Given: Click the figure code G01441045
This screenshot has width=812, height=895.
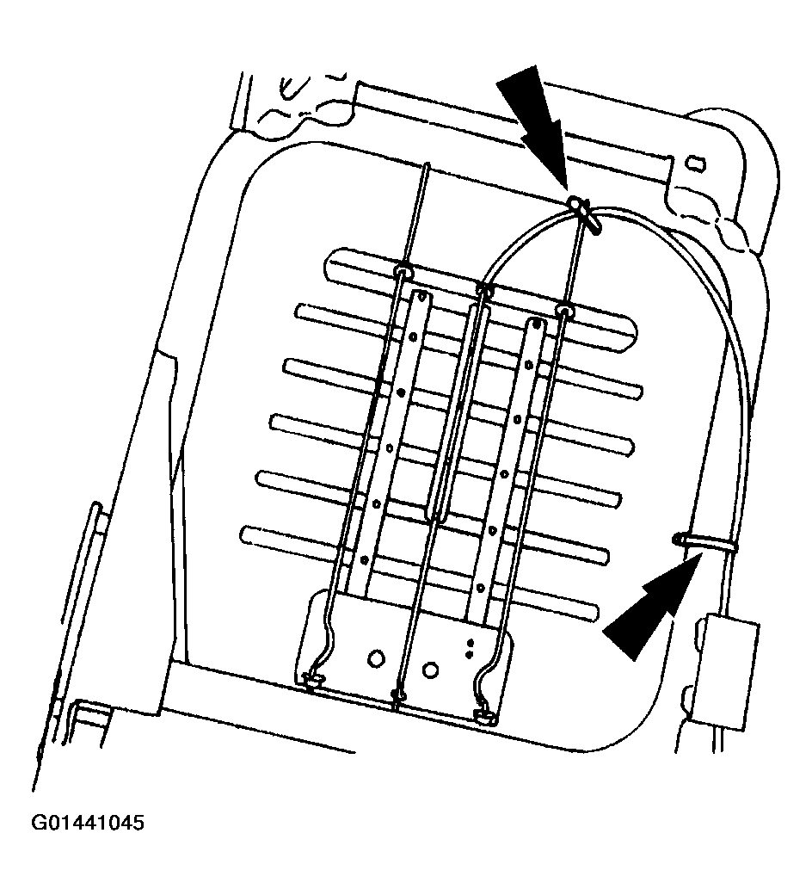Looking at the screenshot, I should coord(88,823).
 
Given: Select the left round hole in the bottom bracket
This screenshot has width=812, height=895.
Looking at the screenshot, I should coord(376,657).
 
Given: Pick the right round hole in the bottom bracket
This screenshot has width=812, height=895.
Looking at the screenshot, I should coord(433,668).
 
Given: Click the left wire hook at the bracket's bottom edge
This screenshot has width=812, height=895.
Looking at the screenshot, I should coord(312,682).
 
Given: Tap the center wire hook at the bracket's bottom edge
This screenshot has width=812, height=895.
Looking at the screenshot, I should coord(398,694).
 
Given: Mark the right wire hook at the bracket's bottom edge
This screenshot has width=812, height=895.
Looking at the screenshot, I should coord(483,712).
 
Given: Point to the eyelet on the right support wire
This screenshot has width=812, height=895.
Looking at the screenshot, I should coord(564,307).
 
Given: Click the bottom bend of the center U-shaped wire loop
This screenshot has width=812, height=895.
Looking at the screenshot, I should coord(436,515).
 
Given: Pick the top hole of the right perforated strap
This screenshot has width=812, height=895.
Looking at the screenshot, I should coord(535,326).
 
